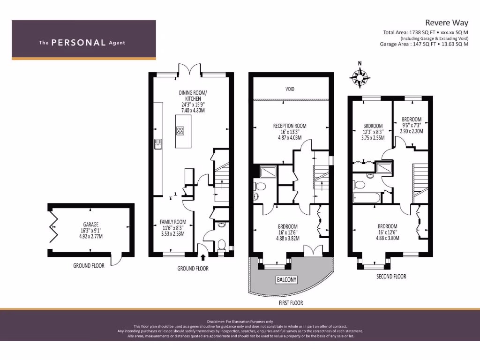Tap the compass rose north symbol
[360, 77]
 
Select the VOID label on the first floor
[290, 88]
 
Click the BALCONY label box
[286, 280]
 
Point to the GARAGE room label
[88, 225]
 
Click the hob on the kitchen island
[180, 131]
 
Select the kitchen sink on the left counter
[157, 144]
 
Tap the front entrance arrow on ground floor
[203, 257]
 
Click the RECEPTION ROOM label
[290, 126]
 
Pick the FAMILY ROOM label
[173, 222]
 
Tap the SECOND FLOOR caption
[391, 277]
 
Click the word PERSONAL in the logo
[78, 43]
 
